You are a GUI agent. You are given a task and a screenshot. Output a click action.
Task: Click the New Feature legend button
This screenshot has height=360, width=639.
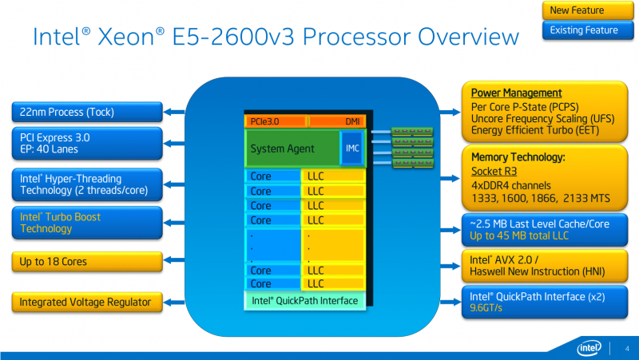[588, 10]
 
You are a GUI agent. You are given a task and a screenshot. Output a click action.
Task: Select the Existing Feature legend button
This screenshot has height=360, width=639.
[588, 30]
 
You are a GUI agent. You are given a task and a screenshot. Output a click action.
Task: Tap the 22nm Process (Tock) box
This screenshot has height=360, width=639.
[87, 112]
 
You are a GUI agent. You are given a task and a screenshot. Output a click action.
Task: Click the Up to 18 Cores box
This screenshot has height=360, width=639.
[87, 262]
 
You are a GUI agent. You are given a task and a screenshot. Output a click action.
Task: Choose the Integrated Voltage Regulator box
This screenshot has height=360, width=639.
[87, 303]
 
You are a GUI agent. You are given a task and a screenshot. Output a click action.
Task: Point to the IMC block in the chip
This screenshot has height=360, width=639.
[352, 148]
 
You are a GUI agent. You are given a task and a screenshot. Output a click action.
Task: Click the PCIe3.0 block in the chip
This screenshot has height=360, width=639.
[276, 121]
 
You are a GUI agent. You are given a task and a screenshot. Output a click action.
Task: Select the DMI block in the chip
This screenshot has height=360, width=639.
[337, 121]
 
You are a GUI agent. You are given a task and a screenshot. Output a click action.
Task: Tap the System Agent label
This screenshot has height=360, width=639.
[282, 149]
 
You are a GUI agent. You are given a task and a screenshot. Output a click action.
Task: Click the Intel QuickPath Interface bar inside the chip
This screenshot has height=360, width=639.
[305, 301]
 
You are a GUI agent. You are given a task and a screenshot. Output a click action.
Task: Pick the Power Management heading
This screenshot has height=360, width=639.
[516, 93]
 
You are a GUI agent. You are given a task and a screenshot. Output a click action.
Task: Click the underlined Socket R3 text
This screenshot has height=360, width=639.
[494, 171]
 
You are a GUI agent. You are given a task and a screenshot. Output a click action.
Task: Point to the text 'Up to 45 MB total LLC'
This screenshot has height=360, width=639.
[518, 235]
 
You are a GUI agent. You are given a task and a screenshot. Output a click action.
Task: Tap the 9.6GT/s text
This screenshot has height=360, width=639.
[486, 308]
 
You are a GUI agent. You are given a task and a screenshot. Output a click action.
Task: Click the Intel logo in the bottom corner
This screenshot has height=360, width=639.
[589, 348]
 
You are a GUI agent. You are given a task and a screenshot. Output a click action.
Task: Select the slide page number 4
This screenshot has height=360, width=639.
[627, 349]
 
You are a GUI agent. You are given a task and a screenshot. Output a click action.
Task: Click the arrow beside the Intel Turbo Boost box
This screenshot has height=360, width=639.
[174, 223]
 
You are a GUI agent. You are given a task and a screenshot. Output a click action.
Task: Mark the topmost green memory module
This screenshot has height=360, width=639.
[412, 132]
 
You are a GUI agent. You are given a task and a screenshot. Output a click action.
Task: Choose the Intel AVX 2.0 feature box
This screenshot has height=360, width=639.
[545, 266]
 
